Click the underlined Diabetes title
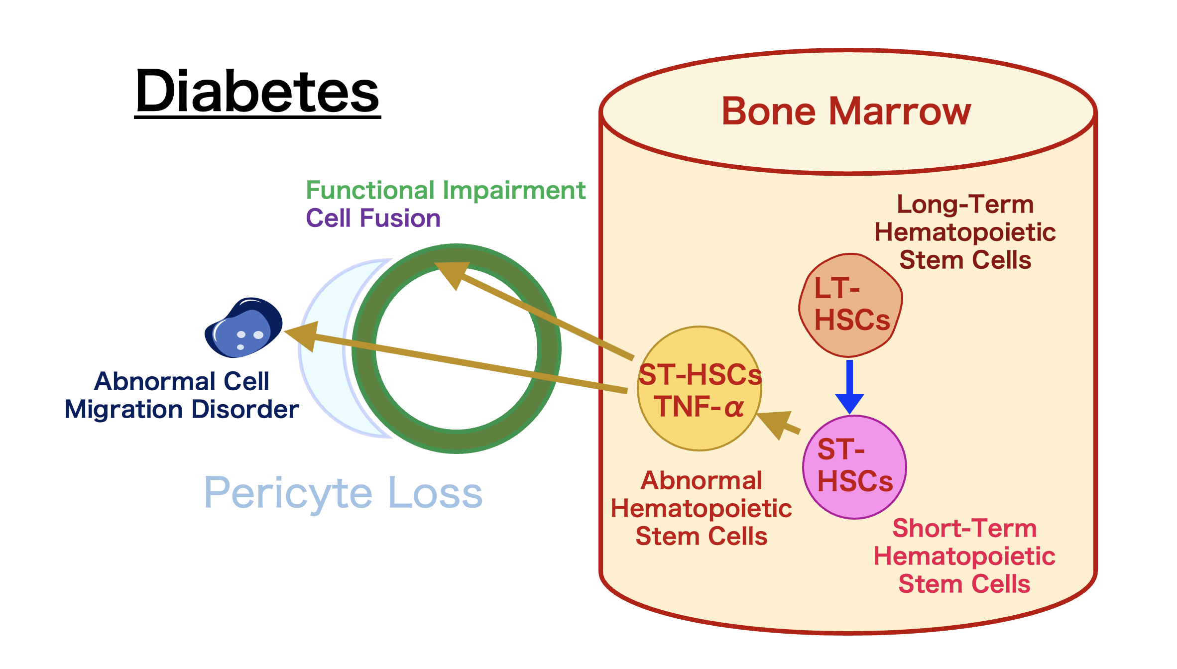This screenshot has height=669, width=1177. coord(257,92)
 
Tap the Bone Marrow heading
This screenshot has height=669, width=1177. coord(846,111)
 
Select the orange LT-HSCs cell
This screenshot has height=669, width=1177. coord(850,305)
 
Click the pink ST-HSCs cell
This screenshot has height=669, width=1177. coord(854,466)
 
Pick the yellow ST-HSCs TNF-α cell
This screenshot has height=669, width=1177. coord(700,389)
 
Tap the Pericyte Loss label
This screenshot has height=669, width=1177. coord(343,492)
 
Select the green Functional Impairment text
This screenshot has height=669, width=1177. coord(446,190)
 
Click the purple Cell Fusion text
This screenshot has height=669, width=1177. coord(373,218)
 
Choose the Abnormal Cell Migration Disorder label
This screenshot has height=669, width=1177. coord(182,395)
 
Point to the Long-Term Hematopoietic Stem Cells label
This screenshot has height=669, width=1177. coord(965,232)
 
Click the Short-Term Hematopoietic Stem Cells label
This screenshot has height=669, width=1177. coord(964,556)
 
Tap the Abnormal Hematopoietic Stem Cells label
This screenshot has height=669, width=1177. coord(701,508)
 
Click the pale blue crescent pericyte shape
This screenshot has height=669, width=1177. coord(324,348)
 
